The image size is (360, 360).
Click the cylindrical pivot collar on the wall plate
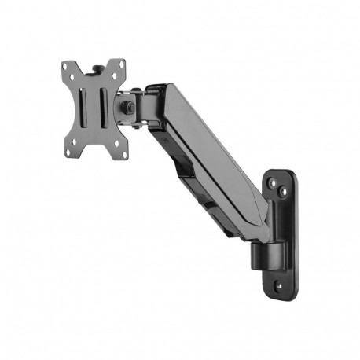265,252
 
